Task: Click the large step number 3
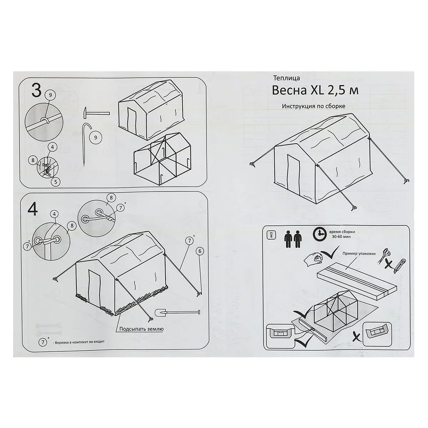pyautogui.click(x=36, y=90)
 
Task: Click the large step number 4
pyautogui.click(x=32, y=210)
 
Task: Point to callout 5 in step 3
pyautogui.click(x=56, y=182)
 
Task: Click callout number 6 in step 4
pyautogui.click(x=200, y=251)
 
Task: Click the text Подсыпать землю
pyautogui.click(x=142, y=329)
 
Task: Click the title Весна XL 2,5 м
pyautogui.click(x=315, y=90)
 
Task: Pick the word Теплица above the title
pyautogui.click(x=286, y=78)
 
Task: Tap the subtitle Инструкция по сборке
pyautogui.click(x=314, y=106)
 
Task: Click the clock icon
pyautogui.click(x=320, y=234)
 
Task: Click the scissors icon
pyautogui.click(x=384, y=256)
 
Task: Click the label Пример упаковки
pyautogui.click(x=359, y=254)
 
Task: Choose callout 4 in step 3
pyautogui.click(x=53, y=147)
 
